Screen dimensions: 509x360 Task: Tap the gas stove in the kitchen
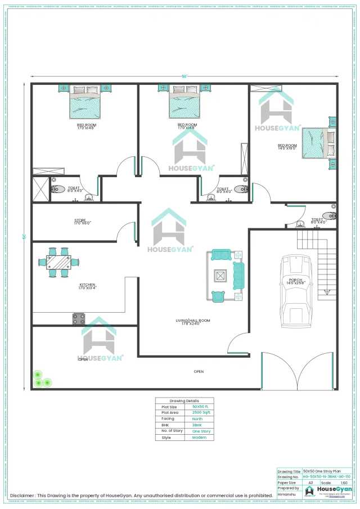[x=79, y=319]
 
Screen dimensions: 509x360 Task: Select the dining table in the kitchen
[x=58, y=263]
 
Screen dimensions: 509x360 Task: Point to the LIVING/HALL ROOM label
[x=192, y=321]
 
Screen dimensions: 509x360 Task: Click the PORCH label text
[x=296, y=280]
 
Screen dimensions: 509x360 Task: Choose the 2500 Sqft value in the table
[x=200, y=412]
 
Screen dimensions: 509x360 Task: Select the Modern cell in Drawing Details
[x=200, y=437]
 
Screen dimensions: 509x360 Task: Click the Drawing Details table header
[x=184, y=400]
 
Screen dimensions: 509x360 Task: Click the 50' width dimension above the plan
[x=183, y=76]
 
